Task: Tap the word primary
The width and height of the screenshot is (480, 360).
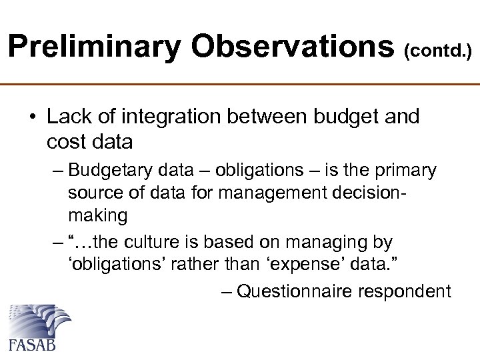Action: coord(407,171)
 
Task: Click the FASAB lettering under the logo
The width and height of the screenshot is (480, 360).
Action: coord(31,345)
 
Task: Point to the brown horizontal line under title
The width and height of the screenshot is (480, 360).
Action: coord(240,85)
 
